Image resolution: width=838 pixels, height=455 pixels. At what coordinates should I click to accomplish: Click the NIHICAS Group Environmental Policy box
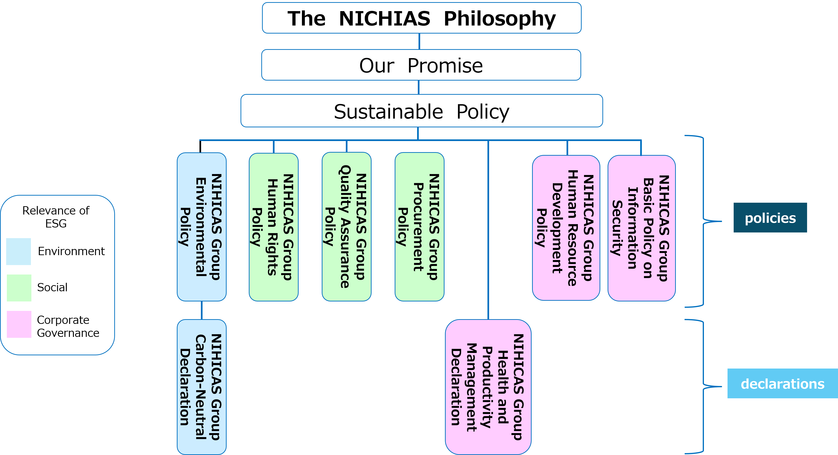[201, 227]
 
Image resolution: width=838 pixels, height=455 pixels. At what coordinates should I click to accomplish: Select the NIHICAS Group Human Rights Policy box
[273, 227]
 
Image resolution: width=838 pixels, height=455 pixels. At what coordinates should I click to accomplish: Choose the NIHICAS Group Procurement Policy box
[419, 227]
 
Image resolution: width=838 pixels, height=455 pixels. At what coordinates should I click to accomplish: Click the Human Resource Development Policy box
[566, 227]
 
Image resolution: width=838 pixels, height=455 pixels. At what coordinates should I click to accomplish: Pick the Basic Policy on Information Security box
[641, 228]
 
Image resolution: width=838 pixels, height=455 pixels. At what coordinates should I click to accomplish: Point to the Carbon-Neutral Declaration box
[201, 387]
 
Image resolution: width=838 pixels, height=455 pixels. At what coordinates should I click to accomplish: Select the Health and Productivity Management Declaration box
[488, 387]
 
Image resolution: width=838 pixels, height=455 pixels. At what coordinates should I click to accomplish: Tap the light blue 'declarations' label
[782, 383]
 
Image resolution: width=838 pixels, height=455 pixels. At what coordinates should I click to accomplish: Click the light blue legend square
[19, 252]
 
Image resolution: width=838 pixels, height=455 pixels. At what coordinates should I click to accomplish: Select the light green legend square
[19, 288]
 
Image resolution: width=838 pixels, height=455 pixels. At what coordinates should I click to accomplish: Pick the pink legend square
[19, 324]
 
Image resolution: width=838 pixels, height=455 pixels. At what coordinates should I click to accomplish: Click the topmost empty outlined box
[422, 18]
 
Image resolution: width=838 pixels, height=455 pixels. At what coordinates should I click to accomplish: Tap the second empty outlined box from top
[421, 65]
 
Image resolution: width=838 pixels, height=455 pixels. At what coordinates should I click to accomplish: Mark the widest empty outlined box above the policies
[422, 111]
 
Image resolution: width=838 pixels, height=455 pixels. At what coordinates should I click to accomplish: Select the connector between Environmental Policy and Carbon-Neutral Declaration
[202, 310]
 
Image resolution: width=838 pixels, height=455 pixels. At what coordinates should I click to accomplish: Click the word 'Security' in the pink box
[617, 228]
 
